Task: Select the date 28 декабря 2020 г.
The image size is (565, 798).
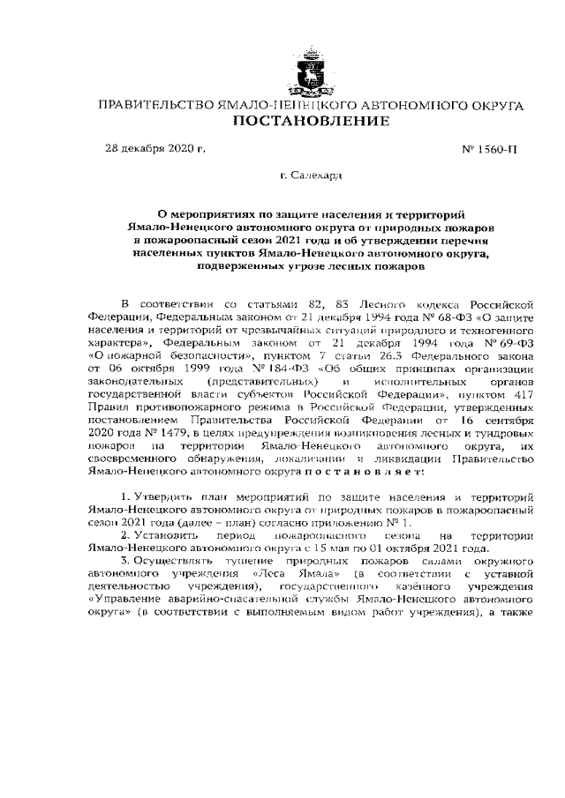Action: (155, 148)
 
